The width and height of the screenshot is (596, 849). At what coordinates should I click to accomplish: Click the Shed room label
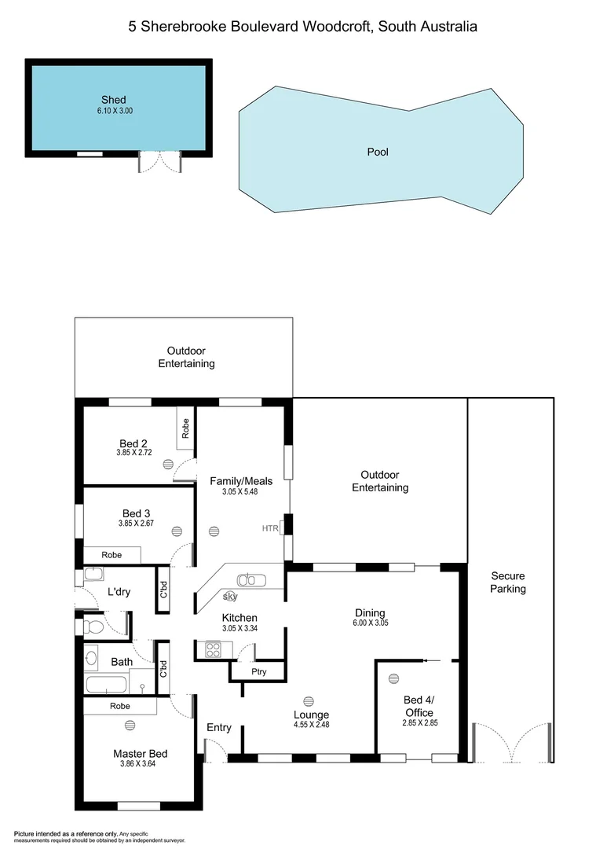[x=113, y=100]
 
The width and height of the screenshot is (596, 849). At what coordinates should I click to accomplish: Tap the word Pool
[x=378, y=152]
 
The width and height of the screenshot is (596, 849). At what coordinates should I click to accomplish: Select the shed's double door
[x=160, y=162]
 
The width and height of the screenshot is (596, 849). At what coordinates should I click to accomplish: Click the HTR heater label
[x=270, y=528]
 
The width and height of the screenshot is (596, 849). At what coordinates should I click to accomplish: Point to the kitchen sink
[x=252, y=581]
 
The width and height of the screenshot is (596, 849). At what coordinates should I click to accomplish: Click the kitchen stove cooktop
[x=214, y=649]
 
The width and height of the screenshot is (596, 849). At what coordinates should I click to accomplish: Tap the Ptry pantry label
[x=258, y=672]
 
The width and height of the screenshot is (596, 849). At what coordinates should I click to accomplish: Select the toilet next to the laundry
[x=92, y=627]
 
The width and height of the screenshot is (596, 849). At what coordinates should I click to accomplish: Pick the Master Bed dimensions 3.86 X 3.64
[x=140, y=764]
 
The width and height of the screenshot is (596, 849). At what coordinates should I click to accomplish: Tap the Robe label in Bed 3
[x=112, y=554]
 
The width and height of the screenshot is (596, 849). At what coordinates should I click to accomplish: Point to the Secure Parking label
[x=507, y=583]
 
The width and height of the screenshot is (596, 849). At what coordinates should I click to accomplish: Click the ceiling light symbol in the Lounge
[x=308, y=700]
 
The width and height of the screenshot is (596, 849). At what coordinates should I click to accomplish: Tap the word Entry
[x=219, y=727]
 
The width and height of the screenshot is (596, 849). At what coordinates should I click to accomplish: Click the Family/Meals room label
[x=240, y=481]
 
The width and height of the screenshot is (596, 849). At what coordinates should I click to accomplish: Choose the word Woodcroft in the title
[x=339, y=27]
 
